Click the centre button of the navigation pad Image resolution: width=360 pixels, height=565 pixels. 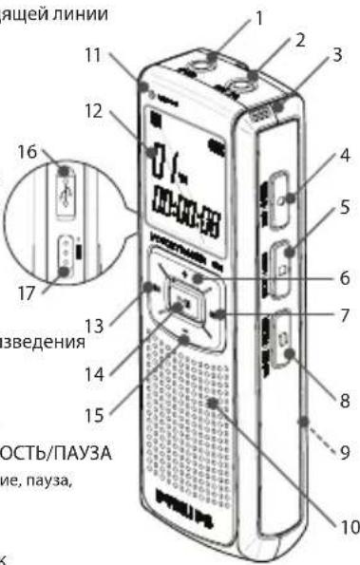(180, 306)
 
